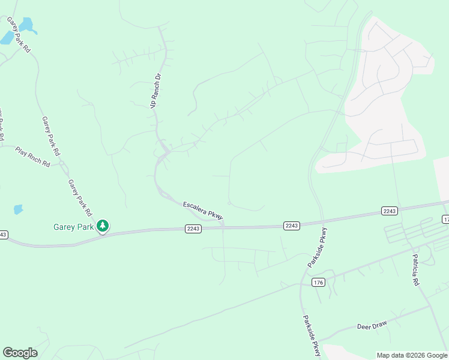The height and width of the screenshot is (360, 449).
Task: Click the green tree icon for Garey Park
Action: coord(103,226)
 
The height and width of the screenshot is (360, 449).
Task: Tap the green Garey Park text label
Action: coord(73,227)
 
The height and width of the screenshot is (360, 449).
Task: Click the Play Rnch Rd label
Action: coord(32,155)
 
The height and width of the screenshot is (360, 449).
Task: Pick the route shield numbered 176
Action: coord(318,282)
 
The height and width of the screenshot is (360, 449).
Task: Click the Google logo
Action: coord(20,353)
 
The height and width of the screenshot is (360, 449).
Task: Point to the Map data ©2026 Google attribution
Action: coord(412,355)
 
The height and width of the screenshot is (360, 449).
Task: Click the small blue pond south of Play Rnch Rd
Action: coord(18,209)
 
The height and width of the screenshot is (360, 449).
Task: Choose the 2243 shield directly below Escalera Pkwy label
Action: coord(193,229)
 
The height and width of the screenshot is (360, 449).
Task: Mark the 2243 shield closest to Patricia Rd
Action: coord(389,211)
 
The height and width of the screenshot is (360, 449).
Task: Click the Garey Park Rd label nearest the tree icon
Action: coord(80,198)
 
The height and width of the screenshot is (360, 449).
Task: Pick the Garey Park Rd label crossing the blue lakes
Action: coord(18,34)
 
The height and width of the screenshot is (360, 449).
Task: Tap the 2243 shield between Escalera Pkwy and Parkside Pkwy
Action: coord(291,225)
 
